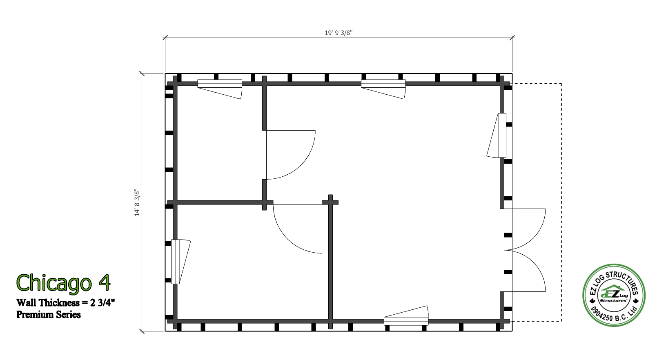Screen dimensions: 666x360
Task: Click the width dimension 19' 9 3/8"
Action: [x=339, y=33]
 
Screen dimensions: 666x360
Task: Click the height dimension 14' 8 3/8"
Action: [x=137, y=202]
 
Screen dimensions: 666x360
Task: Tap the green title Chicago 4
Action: [x=63, y=283]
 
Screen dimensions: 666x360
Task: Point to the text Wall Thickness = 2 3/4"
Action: [x=66, y=303]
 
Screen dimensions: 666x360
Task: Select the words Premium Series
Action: [x=49, y=315]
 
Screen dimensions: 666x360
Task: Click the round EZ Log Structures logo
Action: [x=614, y=295]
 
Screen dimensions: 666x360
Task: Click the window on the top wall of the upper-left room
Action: [x=220, y=89]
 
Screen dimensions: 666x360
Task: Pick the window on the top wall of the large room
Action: [x=383, y=89]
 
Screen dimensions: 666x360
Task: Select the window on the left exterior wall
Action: [x=181, y=262]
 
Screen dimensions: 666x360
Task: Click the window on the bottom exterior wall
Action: [x=406, y=316]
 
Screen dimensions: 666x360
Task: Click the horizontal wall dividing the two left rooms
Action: [x=220, y=202]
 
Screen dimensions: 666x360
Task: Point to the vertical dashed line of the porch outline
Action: [x=561, y=202]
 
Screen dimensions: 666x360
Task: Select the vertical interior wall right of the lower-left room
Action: [x=330, y=262]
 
